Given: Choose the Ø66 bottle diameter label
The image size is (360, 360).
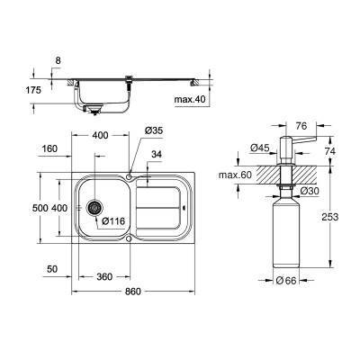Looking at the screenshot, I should click(286, 281).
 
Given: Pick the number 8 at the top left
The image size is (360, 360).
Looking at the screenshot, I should click(59, 59).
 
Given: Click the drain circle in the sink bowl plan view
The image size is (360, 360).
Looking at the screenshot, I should click(93, 207).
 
